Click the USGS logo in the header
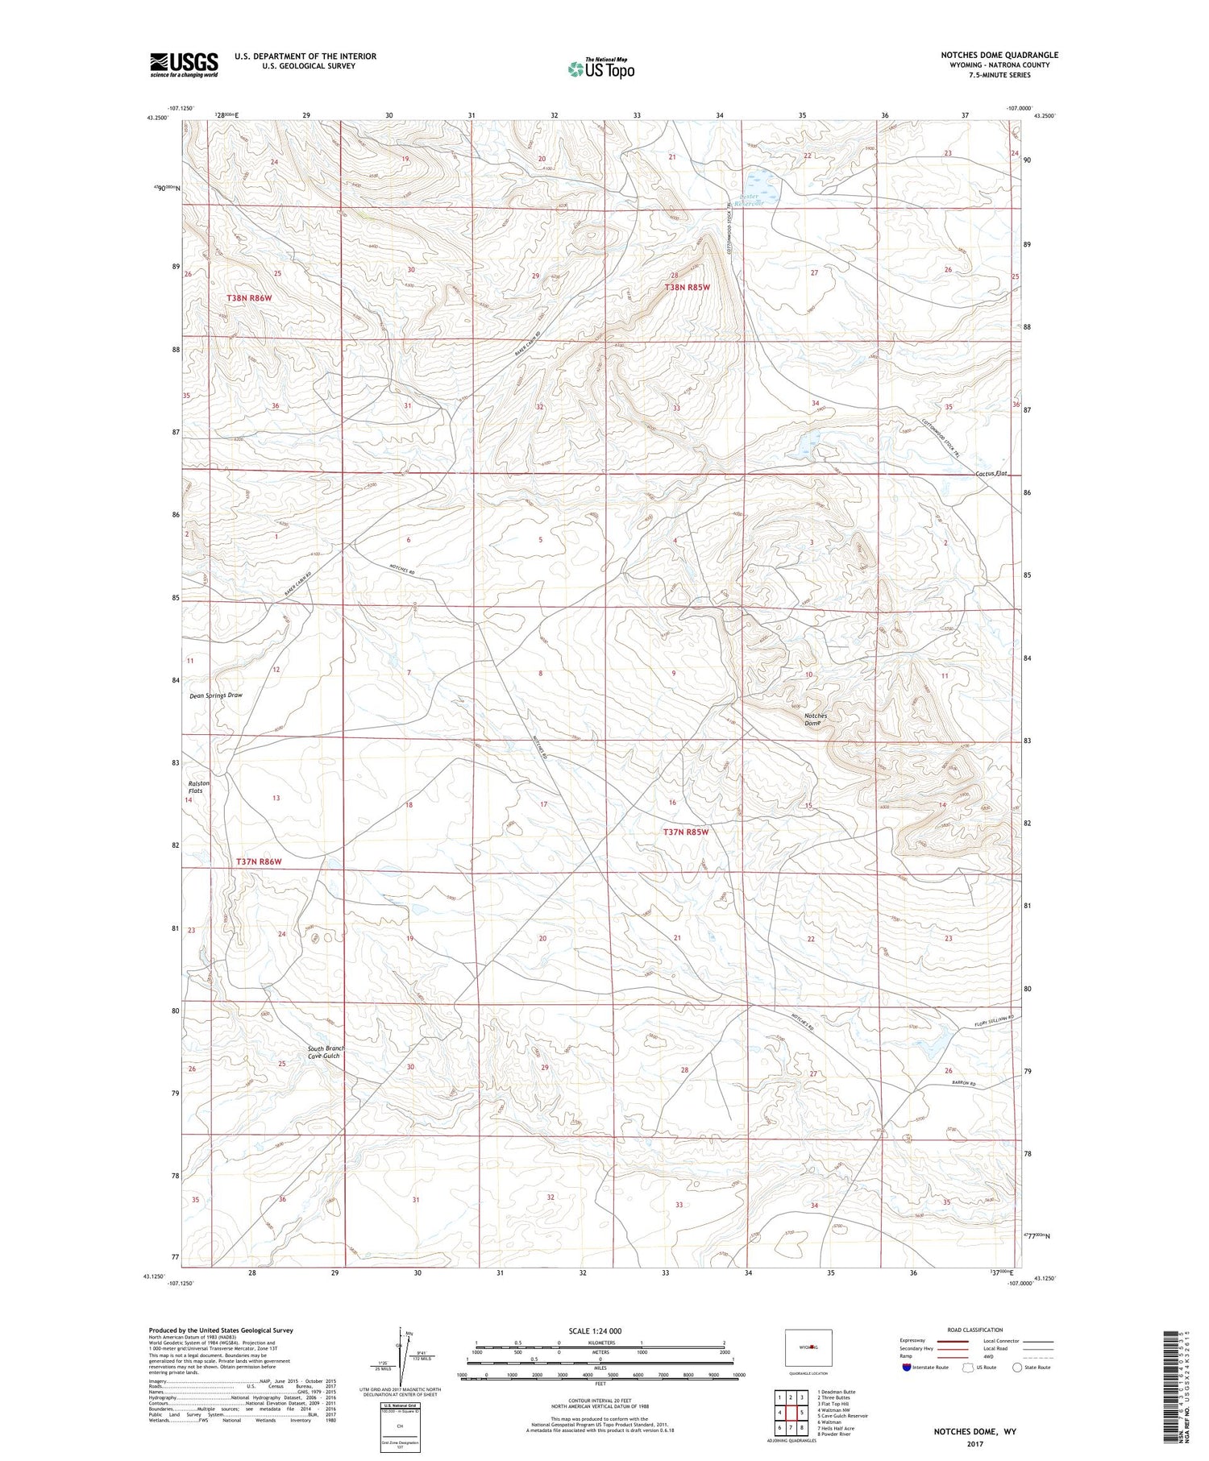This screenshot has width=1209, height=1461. [184, 64]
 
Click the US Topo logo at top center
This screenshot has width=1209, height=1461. [600, 69]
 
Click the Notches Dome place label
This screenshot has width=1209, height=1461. [815, 720]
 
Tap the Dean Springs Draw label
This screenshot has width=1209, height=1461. [215, 695]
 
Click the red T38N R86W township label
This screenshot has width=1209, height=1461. [249, 298]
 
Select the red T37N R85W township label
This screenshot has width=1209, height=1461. [686, 832]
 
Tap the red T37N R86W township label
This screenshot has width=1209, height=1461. [260, 861]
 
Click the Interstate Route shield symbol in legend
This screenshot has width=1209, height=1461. [907, 1368]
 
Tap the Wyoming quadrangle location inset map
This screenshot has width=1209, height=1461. [808, 1347]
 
